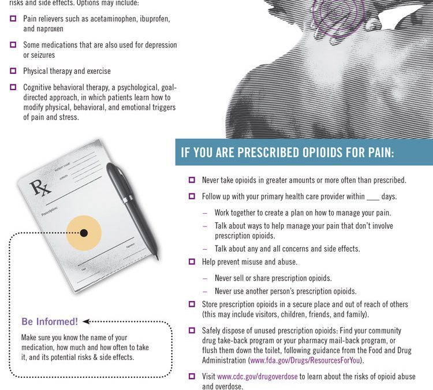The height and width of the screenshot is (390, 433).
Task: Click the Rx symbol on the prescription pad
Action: pyautogui.click(x=40, y=188)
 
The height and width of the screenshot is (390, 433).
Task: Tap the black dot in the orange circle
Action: pyautogui.click(x=84, y=233)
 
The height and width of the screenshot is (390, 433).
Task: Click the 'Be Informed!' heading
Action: pyautogui.click(x=50, y=321)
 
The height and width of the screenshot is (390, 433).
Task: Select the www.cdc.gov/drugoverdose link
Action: pyautogui.click(x=257, y=377)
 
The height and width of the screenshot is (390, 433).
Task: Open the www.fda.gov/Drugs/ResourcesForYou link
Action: pyautogui.click(x=305, y=361)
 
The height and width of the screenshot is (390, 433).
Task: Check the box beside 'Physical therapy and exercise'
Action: pyautogui.click(x=13, y=70)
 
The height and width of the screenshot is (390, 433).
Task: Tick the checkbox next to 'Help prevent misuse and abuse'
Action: pyautogui.click(x=192, y=262)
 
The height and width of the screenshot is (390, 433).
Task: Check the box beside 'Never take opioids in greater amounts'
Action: pyautogui.click(x=192, y=180)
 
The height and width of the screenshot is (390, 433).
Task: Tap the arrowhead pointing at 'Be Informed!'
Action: pyautogui.click(x=86, y=321)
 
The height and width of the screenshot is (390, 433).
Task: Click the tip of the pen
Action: pyautogui.click(x=158, y=259)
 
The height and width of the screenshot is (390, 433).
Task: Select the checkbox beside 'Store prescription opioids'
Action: pyautogui.click(x=192, y=304)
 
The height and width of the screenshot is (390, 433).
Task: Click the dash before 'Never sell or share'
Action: pyautogui.click(x=204, y=278)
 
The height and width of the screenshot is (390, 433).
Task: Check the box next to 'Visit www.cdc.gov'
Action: pyautogui.click(x=192, y=376)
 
